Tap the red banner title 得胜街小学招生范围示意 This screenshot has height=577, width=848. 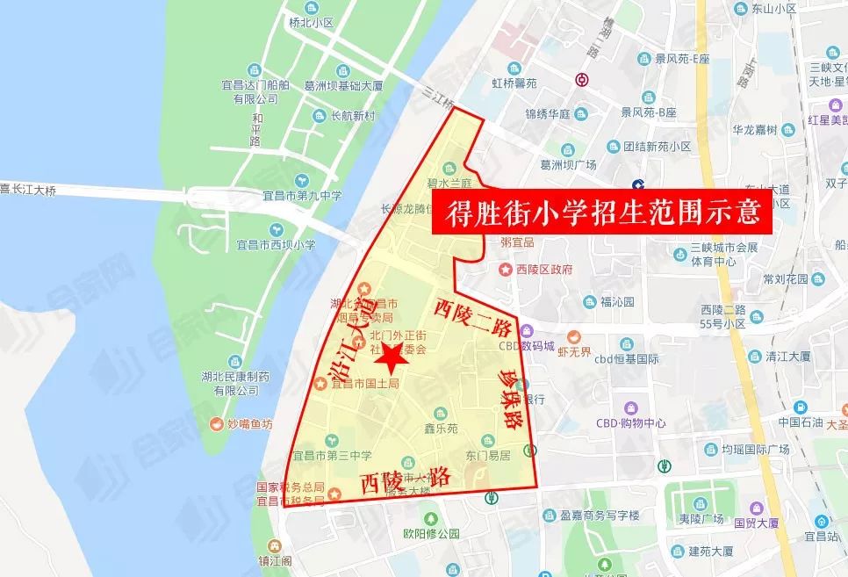(x=601, y=212)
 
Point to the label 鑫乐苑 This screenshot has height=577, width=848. (x=442, y=428)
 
